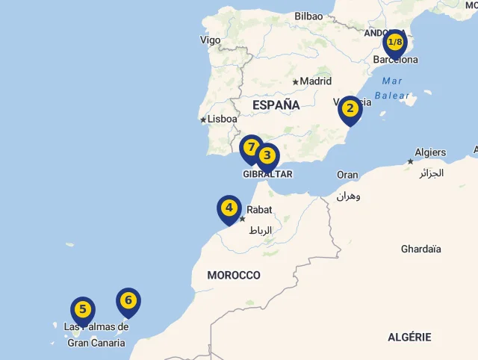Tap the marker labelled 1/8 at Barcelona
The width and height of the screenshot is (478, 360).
point(395,43)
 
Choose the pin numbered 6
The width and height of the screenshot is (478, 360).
point(128,301)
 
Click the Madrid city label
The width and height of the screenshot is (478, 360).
point(315,81)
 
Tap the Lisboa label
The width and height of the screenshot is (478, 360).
point(223,119)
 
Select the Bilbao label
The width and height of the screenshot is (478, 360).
point(308,16)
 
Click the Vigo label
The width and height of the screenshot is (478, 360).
point(211,40)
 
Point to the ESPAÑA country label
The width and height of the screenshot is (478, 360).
point(276,105)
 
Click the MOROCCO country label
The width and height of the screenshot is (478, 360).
point(234,276)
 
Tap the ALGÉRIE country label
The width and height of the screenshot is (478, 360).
point(409,338)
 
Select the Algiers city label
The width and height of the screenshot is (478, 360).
point(430,152)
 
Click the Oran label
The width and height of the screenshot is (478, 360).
point(347,175)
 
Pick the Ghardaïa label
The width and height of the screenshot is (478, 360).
point(421,249)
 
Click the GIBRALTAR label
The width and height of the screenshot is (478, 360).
point(267,174)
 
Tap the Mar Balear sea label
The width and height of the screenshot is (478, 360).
point(392,88)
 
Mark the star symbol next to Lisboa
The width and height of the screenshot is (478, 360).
point(203,120)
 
